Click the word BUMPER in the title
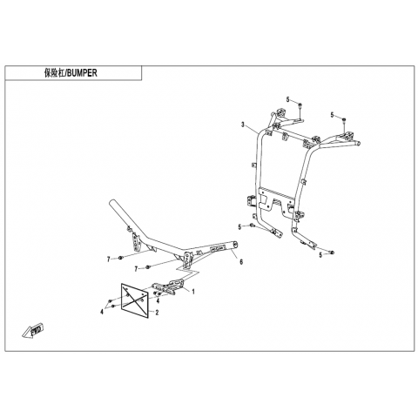[82, 73]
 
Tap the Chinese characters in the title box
[54, 73]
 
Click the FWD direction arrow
[32, 331]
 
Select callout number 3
[243, 125]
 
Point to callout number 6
[241, 261]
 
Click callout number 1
[193, 292]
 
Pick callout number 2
[157, 313]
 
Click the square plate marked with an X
[135, 300]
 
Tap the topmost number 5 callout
[287, 99]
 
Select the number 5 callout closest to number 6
[239, 227]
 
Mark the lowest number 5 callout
[320, 255]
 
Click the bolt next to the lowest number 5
[332, 253]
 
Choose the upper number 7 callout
[109, 260]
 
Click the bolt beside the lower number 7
[148, 266]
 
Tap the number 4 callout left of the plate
[102, 312]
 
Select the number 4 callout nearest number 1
[158, 301]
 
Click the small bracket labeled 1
[169, 287]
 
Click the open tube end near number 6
[234, 245]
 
